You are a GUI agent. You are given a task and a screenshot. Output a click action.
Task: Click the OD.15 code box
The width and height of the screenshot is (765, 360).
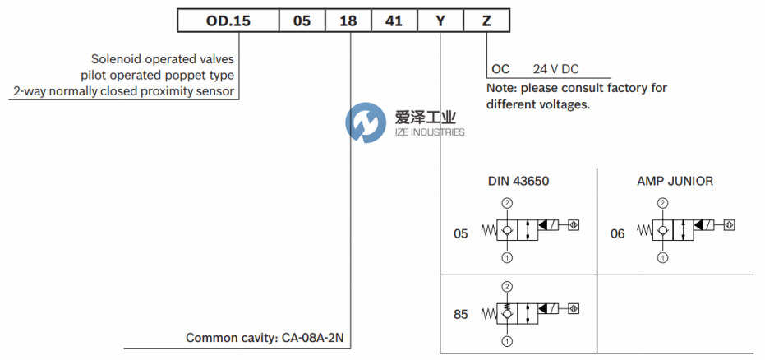pos(228,21)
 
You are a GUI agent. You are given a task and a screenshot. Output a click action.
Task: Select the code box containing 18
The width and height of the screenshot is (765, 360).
pos(348,21)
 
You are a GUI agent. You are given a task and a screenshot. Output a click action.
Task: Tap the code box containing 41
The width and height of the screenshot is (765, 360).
pos(394,21)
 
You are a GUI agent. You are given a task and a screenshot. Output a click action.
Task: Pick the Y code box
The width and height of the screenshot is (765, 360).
pos(440,21)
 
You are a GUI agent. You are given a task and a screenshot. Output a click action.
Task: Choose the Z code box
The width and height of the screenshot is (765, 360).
pos(486,21)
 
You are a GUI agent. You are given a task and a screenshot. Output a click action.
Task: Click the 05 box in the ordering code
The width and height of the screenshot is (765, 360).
pos(302,21)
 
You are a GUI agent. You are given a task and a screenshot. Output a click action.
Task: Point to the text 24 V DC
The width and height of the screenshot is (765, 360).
pos(556,70)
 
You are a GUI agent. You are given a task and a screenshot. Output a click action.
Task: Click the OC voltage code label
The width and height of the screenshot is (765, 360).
pos(500,70)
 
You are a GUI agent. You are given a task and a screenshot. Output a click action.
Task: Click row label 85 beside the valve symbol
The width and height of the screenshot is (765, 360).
pos(461,313)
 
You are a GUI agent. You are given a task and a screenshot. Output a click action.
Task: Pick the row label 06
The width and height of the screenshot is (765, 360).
pos(617,233)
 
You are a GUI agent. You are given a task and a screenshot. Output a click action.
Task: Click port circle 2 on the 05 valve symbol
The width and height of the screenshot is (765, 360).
pos(507,202)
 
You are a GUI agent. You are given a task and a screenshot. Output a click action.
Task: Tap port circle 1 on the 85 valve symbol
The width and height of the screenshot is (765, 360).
pos(507,340)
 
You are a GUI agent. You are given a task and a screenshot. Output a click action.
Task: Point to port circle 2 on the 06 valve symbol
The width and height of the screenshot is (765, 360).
pos(663,202)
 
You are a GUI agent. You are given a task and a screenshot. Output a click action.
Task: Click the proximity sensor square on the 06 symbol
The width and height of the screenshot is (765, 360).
pos(729,224)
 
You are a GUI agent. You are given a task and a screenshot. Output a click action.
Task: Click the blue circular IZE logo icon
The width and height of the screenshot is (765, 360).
pos(365,124)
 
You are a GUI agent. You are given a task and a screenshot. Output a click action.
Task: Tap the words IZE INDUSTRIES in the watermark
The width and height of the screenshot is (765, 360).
pos(427,132)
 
